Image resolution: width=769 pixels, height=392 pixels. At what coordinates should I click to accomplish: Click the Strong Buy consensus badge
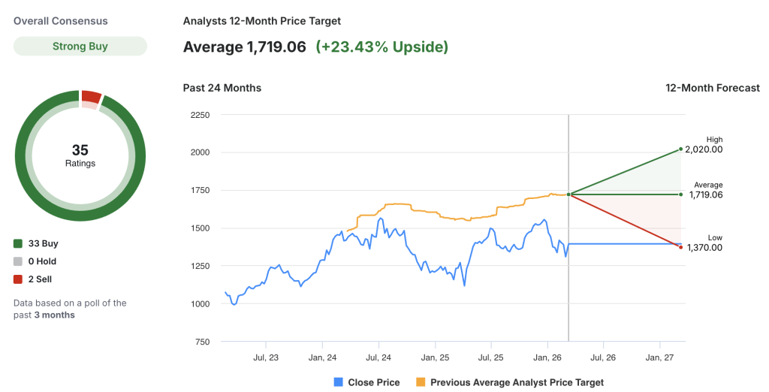80,47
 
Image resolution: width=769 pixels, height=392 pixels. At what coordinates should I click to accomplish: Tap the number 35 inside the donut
80,150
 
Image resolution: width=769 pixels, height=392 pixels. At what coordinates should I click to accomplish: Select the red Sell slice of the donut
92,96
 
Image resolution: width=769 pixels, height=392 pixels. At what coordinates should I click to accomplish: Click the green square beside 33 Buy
18,243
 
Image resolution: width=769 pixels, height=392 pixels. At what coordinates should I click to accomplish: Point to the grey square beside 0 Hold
18,261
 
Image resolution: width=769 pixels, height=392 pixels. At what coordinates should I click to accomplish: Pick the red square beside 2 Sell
18,279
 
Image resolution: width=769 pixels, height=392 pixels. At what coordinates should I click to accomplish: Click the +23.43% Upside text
381,47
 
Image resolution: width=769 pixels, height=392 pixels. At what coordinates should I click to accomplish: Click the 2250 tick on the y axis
200,115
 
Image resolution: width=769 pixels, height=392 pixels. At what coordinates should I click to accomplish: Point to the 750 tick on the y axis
202,342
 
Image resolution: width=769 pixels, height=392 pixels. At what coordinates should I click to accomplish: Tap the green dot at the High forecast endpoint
680,149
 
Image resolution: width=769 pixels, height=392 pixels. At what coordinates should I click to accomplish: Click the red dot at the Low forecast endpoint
680,247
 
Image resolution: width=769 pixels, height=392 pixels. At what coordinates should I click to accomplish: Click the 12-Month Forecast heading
713,88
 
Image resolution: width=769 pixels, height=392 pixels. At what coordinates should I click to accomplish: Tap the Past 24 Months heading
222,88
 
